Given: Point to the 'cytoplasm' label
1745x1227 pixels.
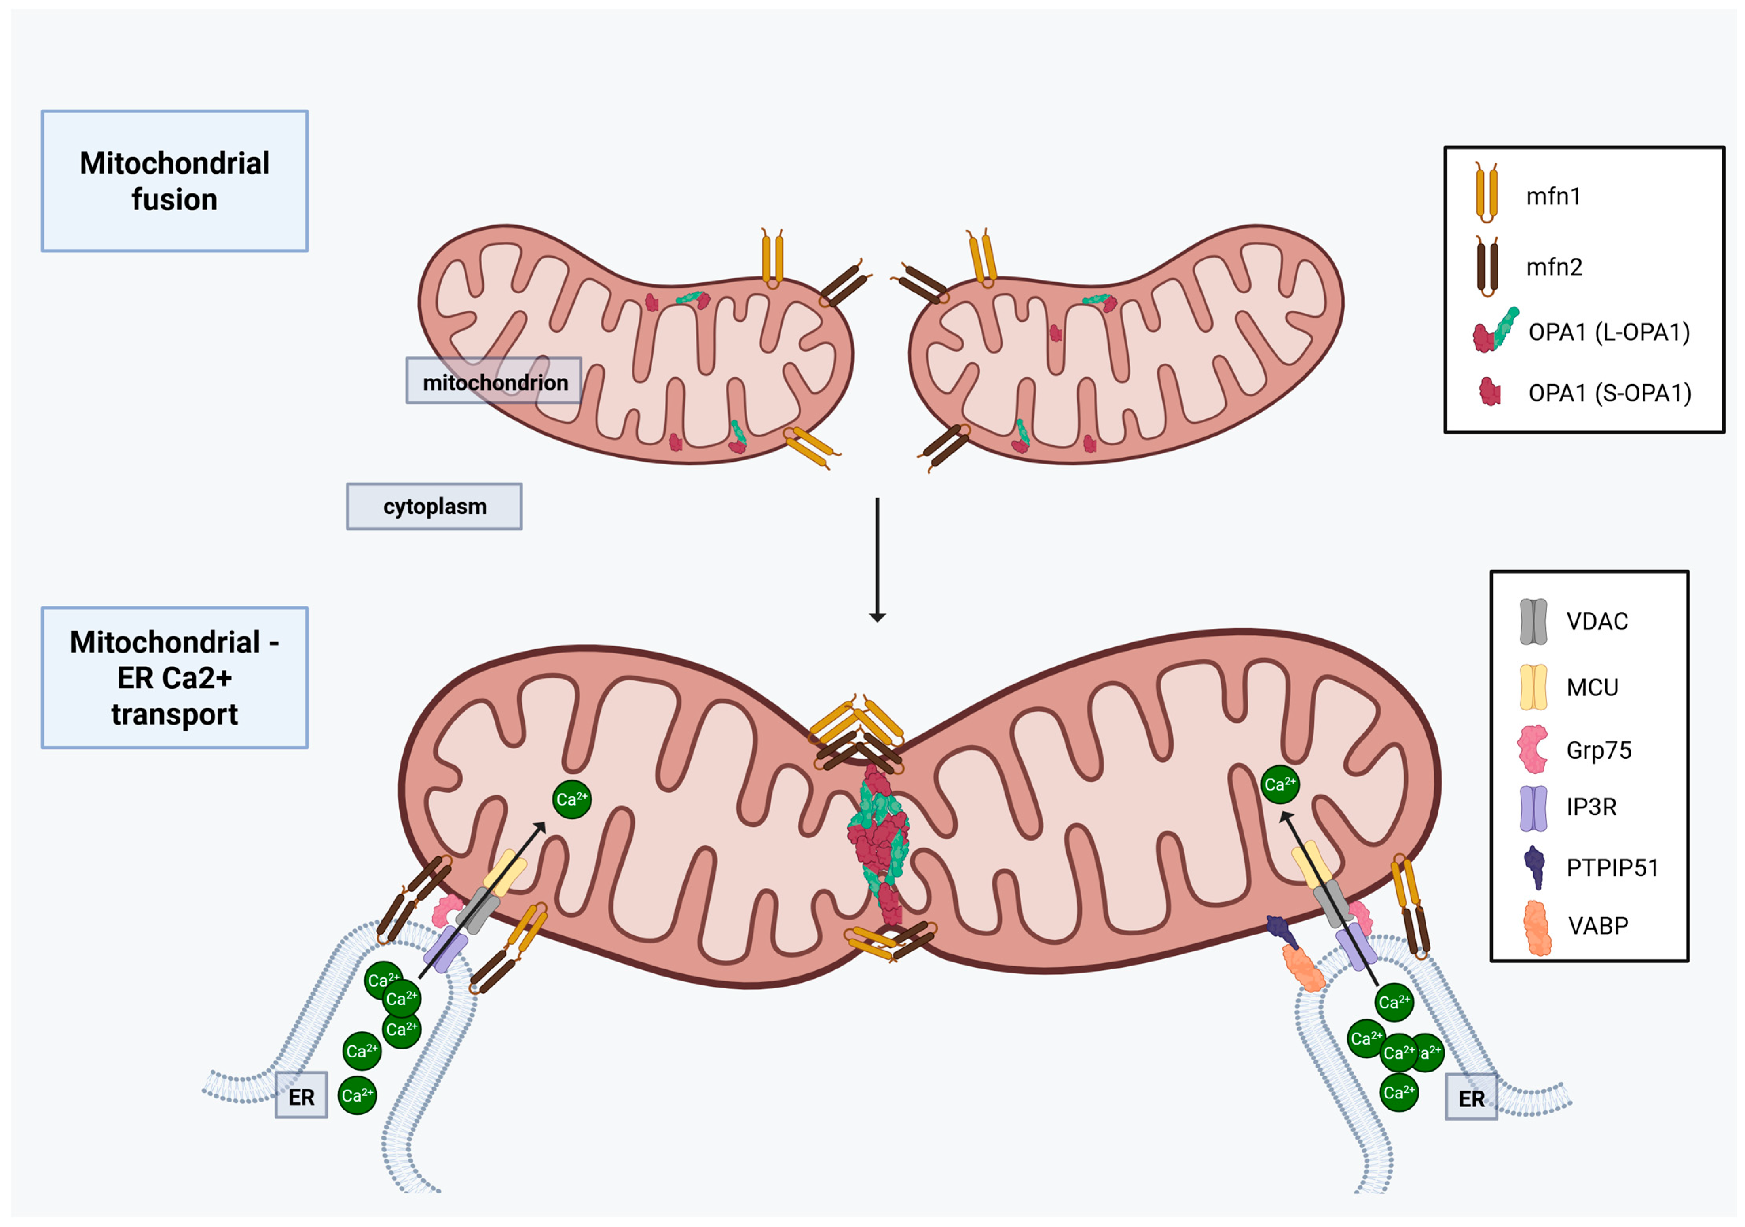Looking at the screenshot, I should point(434,506).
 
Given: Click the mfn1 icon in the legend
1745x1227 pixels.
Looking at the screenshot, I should point(1487,192).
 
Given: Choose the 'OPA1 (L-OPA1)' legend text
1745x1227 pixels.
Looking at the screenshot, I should point(1609,332).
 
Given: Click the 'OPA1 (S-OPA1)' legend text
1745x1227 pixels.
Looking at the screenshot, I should point(1610,393).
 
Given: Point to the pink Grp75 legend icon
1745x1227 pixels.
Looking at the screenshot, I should point(1532,749).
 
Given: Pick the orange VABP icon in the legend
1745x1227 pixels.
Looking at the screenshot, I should point(1537,927).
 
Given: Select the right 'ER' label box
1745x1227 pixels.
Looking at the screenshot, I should point(1472,1097).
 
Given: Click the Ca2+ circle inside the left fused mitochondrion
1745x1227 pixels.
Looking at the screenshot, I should point(571,799).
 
